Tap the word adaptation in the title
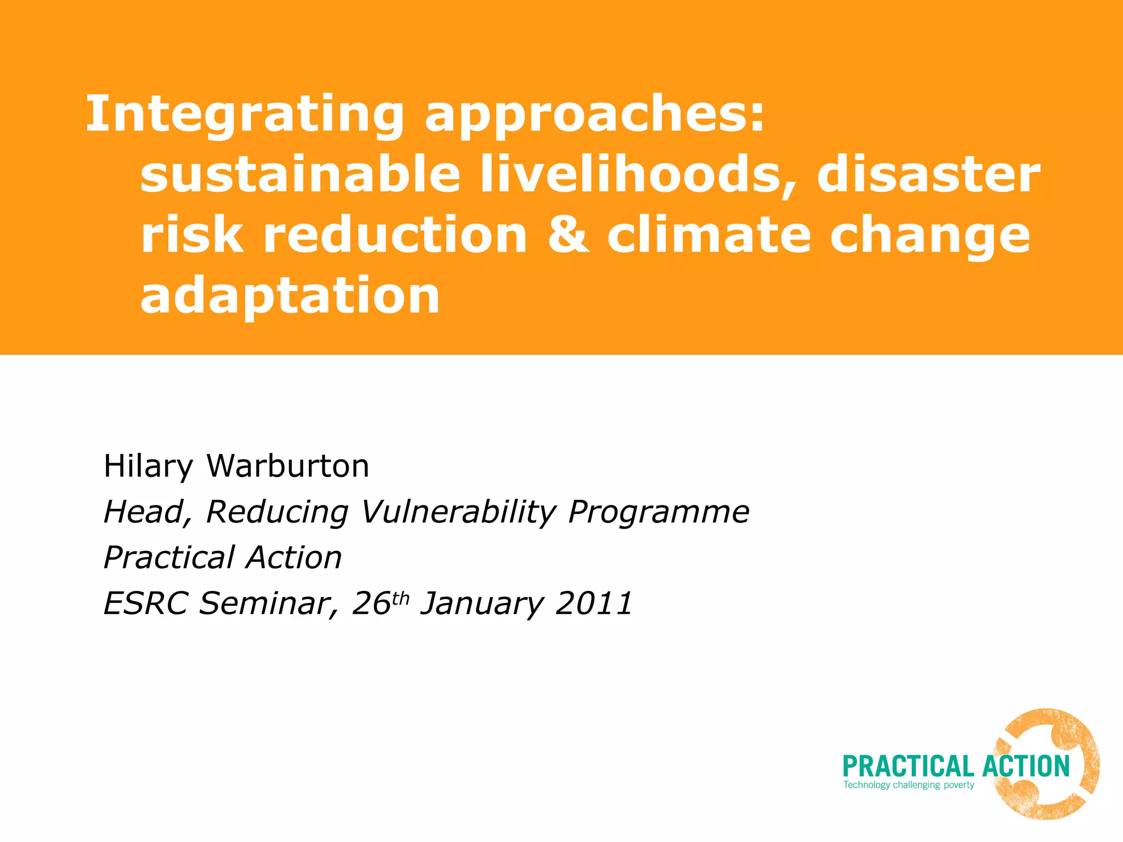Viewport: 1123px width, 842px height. point(290,296)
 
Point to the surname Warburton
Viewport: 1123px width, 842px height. point(288,466)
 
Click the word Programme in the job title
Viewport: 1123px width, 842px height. point(659,513)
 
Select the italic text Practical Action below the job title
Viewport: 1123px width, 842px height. point(223,557)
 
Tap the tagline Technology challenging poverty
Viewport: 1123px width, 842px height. point(909,785)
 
